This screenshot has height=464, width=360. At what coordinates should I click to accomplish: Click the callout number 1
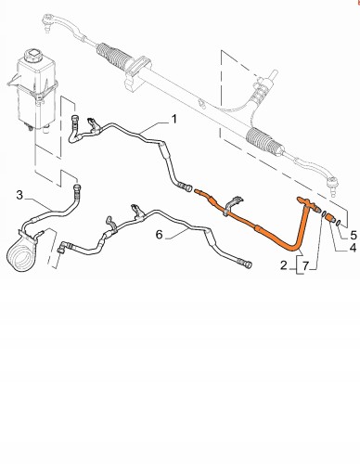[x=174, y=119]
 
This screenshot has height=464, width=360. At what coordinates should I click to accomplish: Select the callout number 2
[x=284, y=265]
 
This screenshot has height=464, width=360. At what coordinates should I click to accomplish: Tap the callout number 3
[x=19, y=195]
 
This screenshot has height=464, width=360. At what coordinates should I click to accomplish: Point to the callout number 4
[x=353, y=248]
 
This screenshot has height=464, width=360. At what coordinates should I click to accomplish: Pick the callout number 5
[x=354, y=236]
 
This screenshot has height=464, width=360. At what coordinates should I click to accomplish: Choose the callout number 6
[x=159, y=235]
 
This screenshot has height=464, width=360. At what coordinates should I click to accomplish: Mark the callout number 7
[x=305, y=265]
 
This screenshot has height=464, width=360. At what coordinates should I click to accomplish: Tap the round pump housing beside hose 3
[x=19, y=254]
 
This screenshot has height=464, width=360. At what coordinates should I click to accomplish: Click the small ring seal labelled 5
[x=339, y=222]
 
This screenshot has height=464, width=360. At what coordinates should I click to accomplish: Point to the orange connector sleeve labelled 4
[x=330, y=217]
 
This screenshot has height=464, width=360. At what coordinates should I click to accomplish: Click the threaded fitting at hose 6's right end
[x=248, y=264]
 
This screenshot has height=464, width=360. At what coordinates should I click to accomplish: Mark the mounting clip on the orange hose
[x=232, y=204]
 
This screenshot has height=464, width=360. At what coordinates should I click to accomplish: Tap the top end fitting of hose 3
[x=76, y=187]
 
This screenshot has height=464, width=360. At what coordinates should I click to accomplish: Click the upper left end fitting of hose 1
[x=75, y=120]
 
